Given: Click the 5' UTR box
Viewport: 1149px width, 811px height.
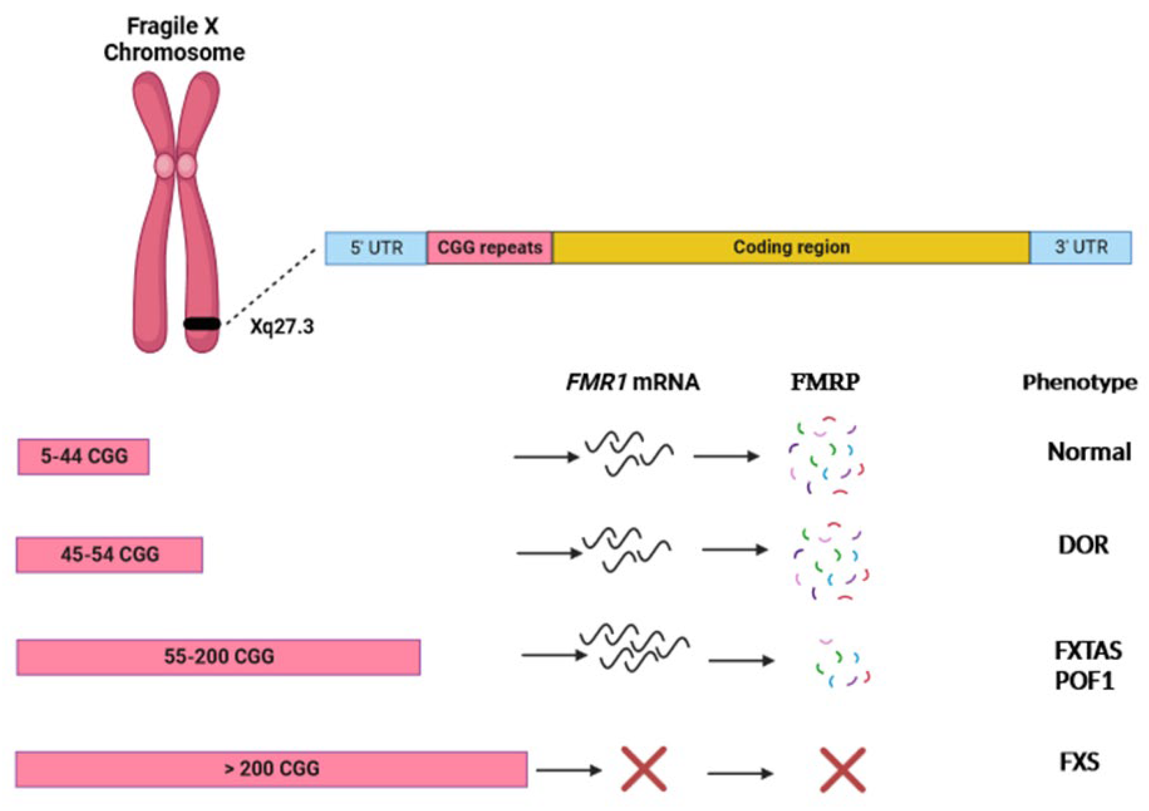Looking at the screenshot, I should tap(376, 248).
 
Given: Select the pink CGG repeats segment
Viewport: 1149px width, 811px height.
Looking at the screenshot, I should tap(489, 248).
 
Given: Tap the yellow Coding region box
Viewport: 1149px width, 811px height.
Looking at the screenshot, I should tap(791, 247).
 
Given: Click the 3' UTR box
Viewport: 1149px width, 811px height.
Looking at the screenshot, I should tap(1081, 247).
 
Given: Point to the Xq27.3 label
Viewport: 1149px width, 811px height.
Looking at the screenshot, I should tap(282, 327).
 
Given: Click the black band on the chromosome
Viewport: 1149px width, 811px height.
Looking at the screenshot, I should tap(202, 324).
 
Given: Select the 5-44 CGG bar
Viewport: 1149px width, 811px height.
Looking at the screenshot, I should tap(83, 456).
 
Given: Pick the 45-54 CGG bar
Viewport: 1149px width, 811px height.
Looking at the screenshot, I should tap(110, 554).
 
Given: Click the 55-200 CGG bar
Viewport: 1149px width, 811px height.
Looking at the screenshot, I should tap(219, 657).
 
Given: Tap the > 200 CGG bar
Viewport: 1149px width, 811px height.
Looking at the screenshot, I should tap(271, 769).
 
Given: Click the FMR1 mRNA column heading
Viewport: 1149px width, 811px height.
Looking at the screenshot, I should tap(632, 383).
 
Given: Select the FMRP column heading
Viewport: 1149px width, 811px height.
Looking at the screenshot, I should tap(825, 383).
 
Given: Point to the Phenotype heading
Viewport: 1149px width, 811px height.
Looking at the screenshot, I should tap(1079, 383).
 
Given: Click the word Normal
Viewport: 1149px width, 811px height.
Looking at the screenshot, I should tap(1089, 452).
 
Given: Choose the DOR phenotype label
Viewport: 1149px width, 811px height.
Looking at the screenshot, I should tap(1083, 545).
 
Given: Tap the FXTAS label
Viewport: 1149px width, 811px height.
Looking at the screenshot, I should tap(1088, 651).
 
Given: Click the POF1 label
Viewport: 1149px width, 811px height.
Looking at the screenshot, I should tap(1084, 681).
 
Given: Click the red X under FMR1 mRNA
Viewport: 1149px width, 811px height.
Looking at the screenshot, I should tap(644, 769).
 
